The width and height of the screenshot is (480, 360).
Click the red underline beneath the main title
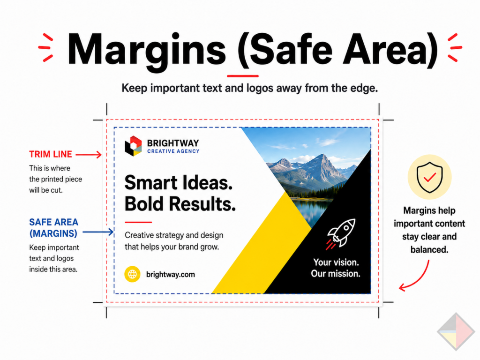pyautogui.click(x=243, y=75)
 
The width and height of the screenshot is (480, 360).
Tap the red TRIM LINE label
pyautogui.click(x=51, y=154)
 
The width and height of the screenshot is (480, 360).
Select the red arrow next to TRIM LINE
pyautogui.click(x=89, y=155)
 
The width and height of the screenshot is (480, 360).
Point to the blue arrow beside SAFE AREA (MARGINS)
pyautogui.click(x=98, y=232)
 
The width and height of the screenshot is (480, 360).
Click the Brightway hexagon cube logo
pyautogui.click(x=134, y=146)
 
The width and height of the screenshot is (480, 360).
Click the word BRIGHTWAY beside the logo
pyautogui.click(x=173, y=143)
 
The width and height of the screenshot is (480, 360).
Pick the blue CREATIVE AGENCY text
pyautogui.click(x=173, y=151)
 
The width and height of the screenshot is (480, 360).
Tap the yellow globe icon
pyautogui.click(x=132, y=274)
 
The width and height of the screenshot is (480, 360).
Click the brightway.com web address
pyautogui.click(x=171, y=274)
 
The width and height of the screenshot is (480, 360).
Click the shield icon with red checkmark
pyautogui.click(x=429, y=177)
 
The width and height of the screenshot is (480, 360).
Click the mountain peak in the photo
pyautogui.click(x=322, y=156)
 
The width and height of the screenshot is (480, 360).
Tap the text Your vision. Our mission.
pyautogui.click(x=336, y=268)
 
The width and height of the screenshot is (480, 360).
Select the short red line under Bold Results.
pyautogui.click(x=138, y=222)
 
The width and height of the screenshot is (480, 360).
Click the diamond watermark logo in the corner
pyautogui.click(x=456, y=331)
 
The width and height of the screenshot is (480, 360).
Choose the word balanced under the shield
pyautogui.click(x=429, y=249)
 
